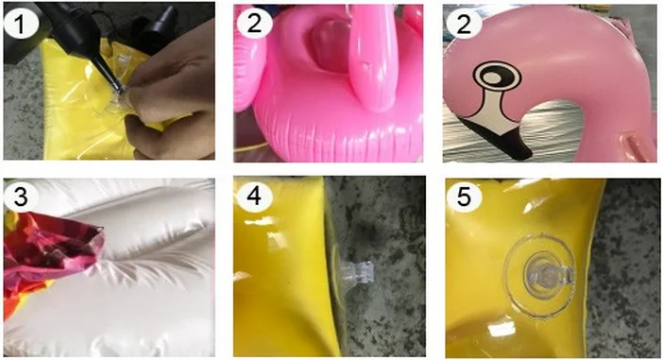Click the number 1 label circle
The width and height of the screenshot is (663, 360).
[x=21, y=25]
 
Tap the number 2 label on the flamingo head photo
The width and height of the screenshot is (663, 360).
[x=464, y=24]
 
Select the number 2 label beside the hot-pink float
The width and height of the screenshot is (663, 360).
[x=254, y=24]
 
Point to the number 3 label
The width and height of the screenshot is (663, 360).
[x=21, y=197]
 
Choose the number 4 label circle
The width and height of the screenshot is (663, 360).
[x=254, y=197]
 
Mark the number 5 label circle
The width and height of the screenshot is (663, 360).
[x=464, y=197]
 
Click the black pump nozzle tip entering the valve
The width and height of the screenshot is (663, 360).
[x=118, y=89]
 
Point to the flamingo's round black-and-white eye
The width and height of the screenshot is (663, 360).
[x=497, y=77]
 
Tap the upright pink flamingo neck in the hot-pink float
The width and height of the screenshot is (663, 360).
[x=372, y=60]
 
